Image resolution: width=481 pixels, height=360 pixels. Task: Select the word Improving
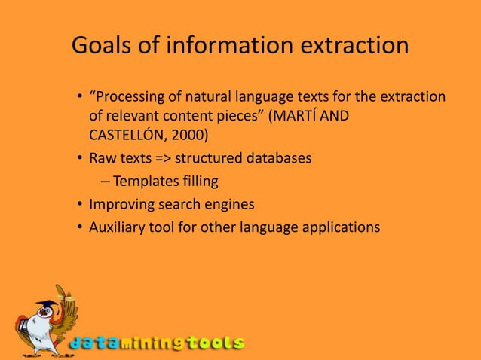point(120,203)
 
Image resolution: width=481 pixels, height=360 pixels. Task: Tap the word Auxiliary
point(118,225)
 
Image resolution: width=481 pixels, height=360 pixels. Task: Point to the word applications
point(343,225)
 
